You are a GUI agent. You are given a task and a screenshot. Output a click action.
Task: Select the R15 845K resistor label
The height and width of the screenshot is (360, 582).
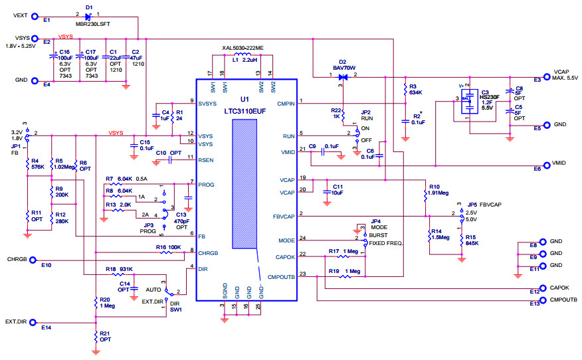coord(471,240)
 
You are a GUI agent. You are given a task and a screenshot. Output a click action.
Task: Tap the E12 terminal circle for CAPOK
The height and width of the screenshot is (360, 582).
coord(543,288)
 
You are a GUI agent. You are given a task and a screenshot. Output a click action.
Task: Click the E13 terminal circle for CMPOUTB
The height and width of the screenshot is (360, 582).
coord(543,301)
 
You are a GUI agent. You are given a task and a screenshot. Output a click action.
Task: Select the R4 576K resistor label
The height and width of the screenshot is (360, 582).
coord(37,163)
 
